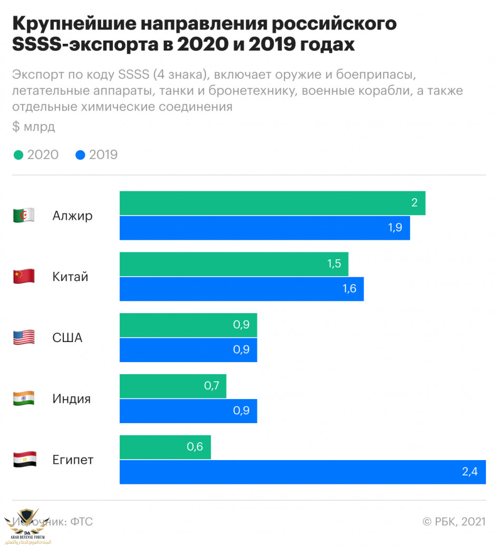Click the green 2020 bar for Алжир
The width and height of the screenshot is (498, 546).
click(x=272, y=203)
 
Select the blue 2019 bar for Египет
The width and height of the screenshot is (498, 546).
click(x=302, y=472)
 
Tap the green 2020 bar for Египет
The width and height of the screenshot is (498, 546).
click(x=165, y=447)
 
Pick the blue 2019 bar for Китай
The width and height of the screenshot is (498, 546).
click(x=241, y=289)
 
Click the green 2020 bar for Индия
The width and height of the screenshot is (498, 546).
click(x=173, y=386)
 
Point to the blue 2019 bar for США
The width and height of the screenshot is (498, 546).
click(x=188, y=350)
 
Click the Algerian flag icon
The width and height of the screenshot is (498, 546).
click(x=24, y=216)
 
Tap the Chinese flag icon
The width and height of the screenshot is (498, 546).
click(x=24, y=277)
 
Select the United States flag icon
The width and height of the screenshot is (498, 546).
click(x=24, y=338)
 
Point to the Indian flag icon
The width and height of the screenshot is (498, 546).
click(x=24, y=399)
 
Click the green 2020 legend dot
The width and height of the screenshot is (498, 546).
click(x=18, y=155)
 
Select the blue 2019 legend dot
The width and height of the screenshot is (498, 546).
click(x=80, y=155)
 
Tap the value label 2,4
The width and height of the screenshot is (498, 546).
click(x=470, y=472)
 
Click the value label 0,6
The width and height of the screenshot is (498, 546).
click(x=195, y=447)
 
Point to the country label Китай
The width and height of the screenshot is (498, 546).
click(x=70, y=277)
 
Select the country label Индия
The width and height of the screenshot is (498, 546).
click(x=72, y=399)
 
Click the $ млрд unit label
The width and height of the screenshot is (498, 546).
click(x=33, y=127)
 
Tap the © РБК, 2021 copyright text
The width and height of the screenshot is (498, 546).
click(x=454, y=522)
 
